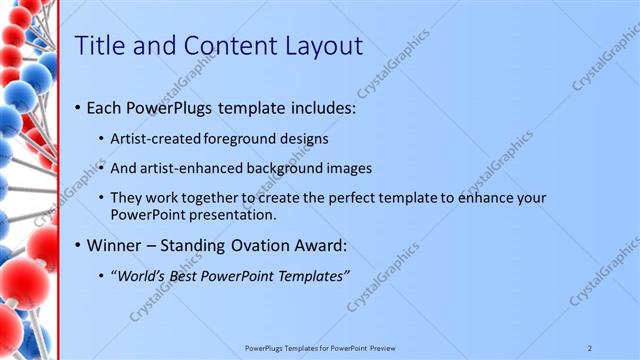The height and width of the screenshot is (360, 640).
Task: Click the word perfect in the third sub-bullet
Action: click(346, 198)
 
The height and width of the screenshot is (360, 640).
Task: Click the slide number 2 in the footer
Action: click(590, 347)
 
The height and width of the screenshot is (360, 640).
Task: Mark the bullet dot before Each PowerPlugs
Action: click(78, 107)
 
